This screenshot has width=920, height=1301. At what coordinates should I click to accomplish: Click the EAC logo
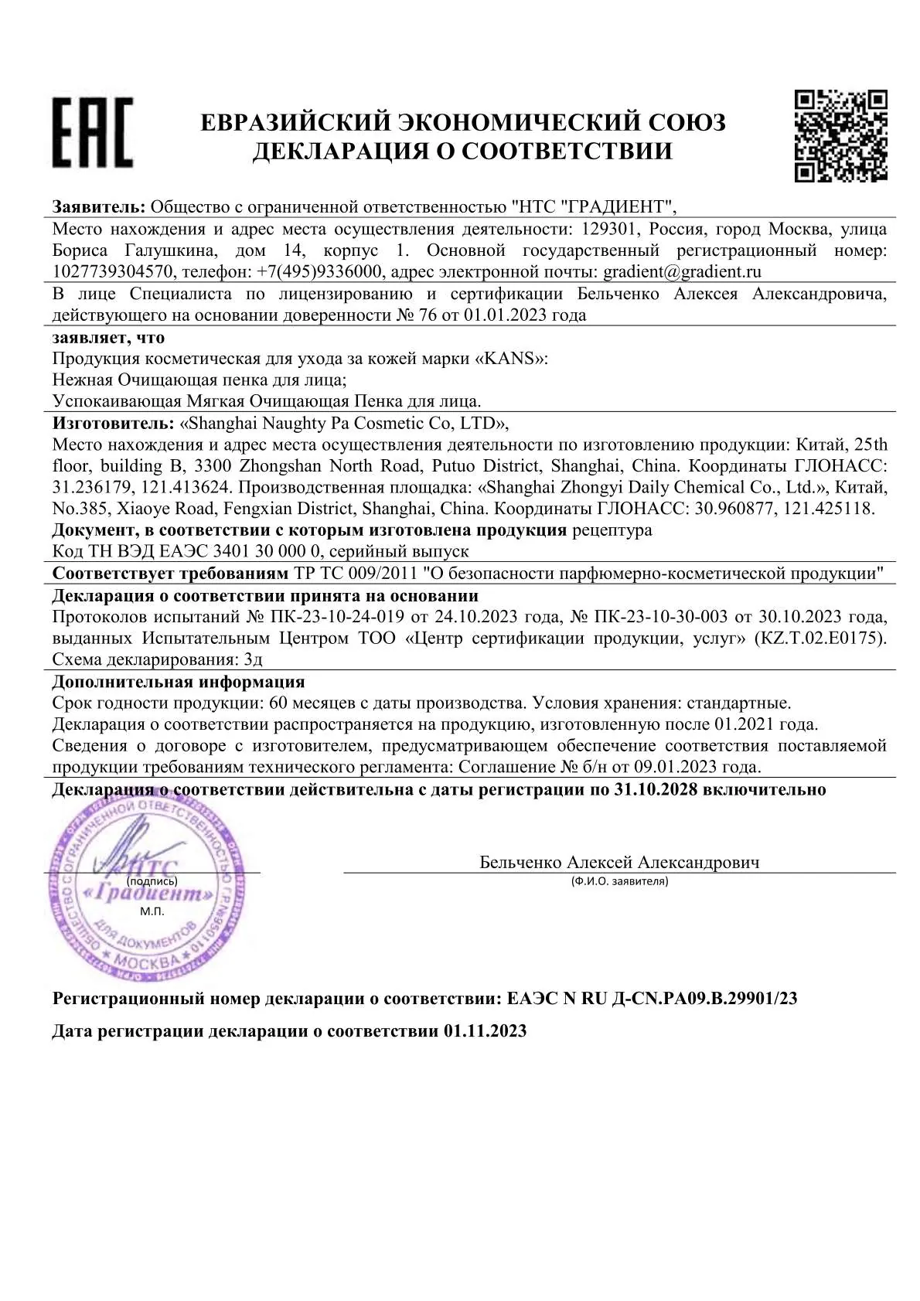93,133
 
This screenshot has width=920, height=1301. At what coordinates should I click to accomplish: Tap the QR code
840,136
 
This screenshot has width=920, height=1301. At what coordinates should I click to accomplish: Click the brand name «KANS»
510,359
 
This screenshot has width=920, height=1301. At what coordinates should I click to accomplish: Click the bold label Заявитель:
98,207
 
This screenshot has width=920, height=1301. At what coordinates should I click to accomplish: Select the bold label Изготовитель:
113,423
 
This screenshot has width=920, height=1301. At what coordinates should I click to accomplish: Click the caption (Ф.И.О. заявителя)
619,880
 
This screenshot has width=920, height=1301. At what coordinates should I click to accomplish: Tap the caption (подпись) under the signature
152,880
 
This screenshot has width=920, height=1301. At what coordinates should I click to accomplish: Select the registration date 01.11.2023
485,1030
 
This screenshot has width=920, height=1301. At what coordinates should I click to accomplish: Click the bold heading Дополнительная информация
178,682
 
